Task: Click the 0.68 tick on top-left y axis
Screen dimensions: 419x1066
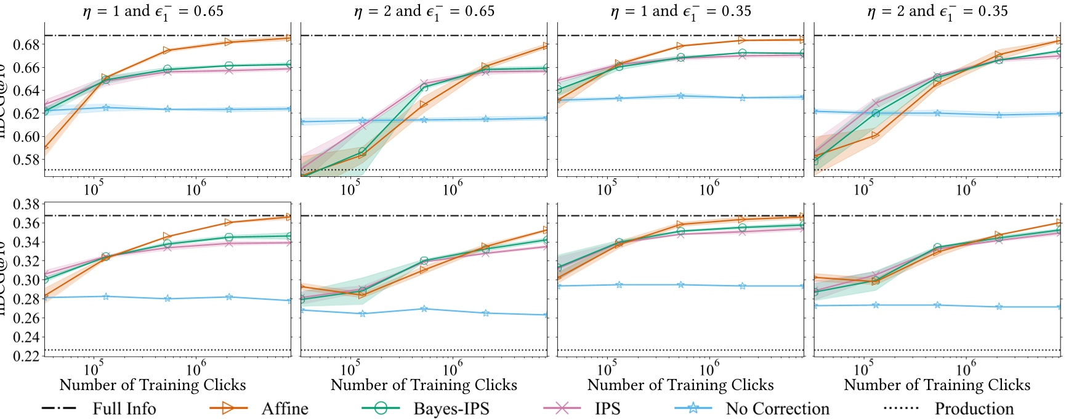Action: click(26, 44)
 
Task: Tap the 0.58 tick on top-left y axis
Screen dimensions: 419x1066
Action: click(26, 159)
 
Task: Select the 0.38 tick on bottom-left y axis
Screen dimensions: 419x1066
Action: click(26, 204)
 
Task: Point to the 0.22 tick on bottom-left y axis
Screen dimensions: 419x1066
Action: click(26, 356)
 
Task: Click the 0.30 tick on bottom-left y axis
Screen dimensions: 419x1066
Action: click(26, 280)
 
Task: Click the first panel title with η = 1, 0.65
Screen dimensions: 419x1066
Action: click(153, 11)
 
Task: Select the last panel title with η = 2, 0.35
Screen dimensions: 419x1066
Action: click(937, 11)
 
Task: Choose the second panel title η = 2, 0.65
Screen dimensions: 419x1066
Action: click(424, 11)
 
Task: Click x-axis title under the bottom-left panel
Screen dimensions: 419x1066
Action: click(153, 385)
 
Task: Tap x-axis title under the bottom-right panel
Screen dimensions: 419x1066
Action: click(937, 385)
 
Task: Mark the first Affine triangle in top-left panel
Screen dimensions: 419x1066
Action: click(45, 147)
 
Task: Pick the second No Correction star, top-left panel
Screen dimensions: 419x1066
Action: click(106, 107)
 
